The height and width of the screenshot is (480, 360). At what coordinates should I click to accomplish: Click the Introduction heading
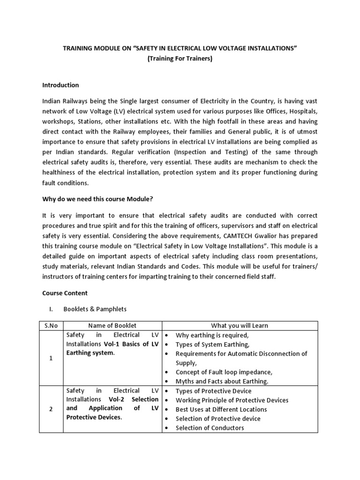tap(60, 85)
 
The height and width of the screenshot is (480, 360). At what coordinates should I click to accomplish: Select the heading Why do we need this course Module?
tap(98, 199)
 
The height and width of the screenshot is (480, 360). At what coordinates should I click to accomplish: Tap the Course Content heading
tap(65, 293)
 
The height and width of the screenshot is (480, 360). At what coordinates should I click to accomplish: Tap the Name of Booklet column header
tap(112, 326)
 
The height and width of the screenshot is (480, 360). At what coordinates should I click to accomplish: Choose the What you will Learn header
tap(240, 326)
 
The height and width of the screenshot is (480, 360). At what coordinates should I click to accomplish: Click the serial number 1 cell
tap(51, 358)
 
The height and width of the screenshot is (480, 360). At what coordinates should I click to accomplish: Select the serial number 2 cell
tap(51, 409)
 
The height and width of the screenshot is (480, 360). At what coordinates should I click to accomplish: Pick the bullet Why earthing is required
tap(212, 335)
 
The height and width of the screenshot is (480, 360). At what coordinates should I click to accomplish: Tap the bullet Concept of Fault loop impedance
tap(224, 372)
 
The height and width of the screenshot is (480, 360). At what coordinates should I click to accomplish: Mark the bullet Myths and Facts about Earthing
tap(222, 381)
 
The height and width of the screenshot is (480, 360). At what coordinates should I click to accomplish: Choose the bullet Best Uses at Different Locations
tap(221, 409)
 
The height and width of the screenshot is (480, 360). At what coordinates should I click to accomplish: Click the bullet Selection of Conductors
tap(210, 427)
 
